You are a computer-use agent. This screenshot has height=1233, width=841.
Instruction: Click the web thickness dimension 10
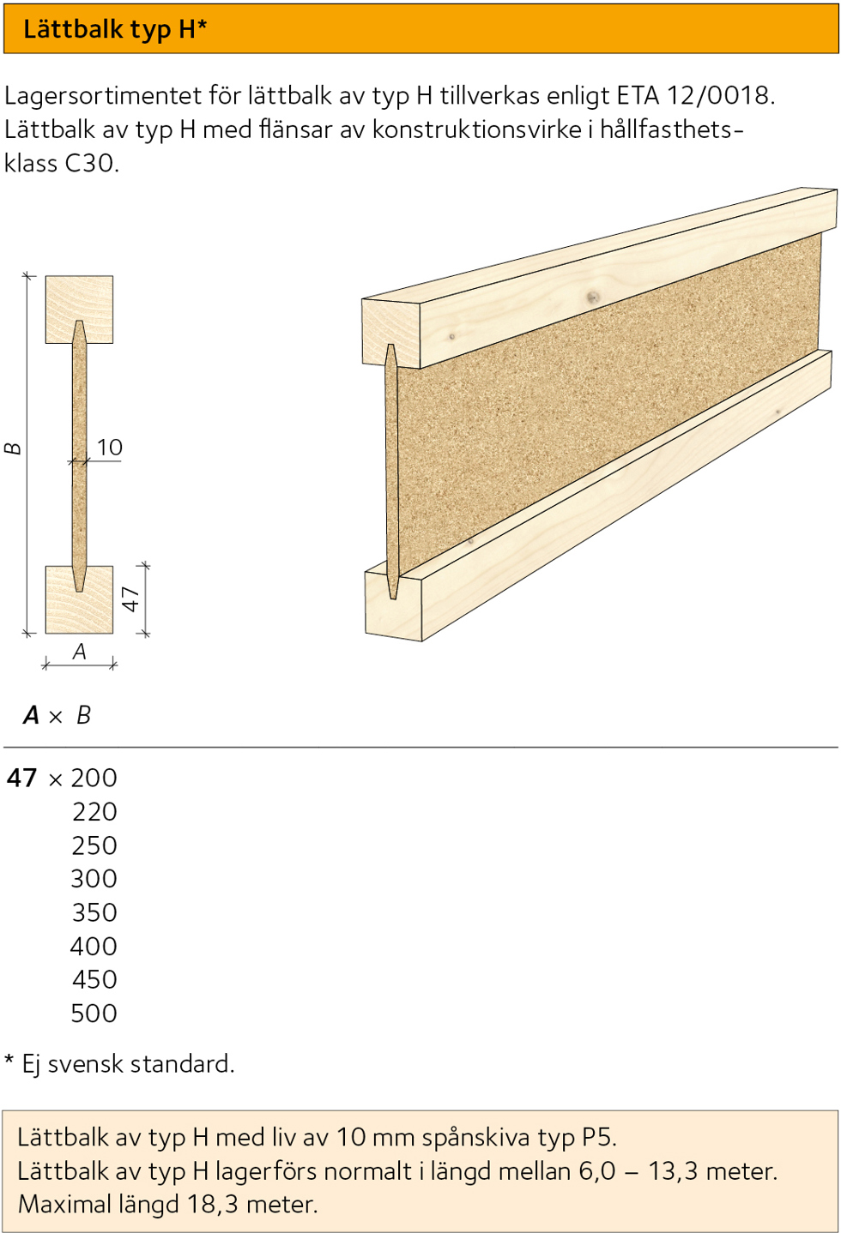pyautogui.click(x=110, y=448)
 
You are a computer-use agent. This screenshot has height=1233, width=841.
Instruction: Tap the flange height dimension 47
pyautogui.click(x=130, y=598)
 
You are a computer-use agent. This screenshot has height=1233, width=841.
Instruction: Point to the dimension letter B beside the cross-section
pyautogui.click(x=13, y=448)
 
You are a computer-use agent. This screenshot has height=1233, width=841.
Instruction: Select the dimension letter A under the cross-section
pyautogui.click(x=80, y=652)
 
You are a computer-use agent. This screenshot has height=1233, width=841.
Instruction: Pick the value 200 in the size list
pyautogui.click(x=94, y=778)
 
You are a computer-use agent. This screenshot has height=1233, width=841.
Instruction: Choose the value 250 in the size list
pyautogui.click(x=94, y=845)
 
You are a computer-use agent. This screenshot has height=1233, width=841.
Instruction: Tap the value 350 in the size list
pyautogui.click(x=94, y=912)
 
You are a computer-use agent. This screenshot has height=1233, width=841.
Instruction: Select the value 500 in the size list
pyautogui.click(x=94, y=1013)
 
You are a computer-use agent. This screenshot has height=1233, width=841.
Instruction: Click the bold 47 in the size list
pyautogui.click(x=22, y=778)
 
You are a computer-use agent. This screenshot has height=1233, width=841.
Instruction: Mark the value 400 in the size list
pyautogui.click(x=94, y=947)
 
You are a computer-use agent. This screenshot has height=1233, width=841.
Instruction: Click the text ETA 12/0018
pyautogui.click(x=694, y=95)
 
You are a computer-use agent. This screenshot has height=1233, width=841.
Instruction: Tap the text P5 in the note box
pyautogui.click(x=597, y=1137)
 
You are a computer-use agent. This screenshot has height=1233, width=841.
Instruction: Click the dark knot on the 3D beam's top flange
pyautogui.click(x=592, y=297)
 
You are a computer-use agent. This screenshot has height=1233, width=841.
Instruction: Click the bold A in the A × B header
pyautogui.click(x=32, y=715)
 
